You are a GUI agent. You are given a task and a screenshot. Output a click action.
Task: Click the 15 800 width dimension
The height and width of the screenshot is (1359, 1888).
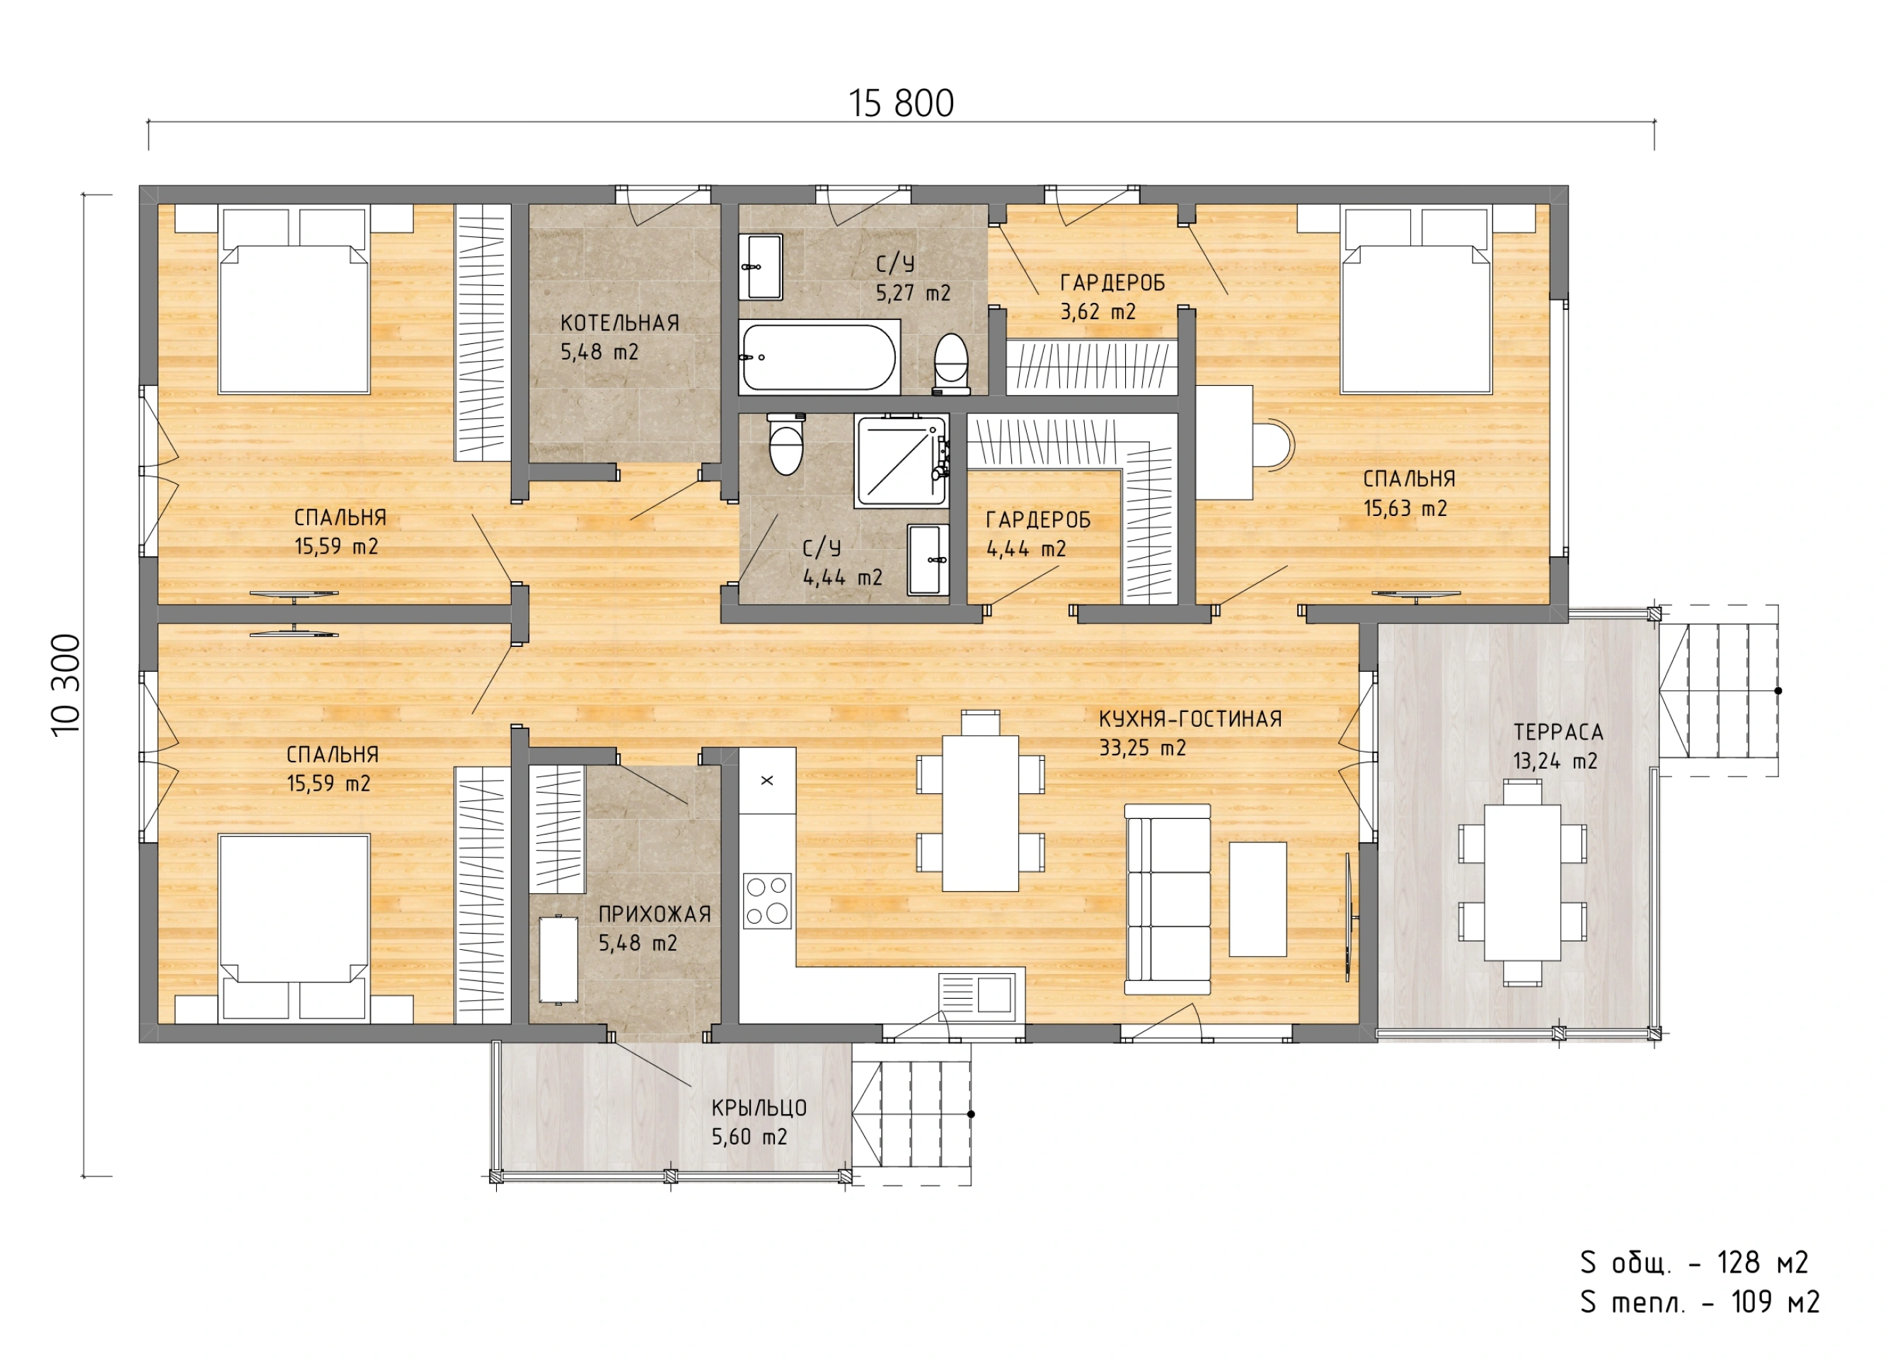901,104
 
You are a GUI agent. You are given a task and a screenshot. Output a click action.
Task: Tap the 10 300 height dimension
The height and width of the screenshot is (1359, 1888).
67,684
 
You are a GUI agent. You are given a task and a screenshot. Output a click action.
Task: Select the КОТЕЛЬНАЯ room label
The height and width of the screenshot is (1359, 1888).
619,323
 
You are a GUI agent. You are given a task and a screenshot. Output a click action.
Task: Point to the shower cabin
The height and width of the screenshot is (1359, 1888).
902,461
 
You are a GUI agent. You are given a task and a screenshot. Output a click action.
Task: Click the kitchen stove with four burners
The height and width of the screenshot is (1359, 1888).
766,900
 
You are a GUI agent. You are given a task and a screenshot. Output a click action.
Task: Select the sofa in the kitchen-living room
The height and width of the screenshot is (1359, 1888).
1167,900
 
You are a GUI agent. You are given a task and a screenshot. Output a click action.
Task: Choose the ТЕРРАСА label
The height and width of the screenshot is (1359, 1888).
1558,733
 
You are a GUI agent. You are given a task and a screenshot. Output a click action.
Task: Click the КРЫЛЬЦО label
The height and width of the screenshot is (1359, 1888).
759,1108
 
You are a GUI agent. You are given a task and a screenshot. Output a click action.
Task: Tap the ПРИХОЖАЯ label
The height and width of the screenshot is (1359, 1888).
655,914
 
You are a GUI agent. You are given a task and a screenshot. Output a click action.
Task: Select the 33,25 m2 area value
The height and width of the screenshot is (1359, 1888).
1142,747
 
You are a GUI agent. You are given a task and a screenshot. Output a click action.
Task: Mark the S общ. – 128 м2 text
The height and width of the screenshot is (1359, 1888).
1694,1264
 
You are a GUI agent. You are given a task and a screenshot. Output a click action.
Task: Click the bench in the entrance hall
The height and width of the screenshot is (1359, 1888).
558,958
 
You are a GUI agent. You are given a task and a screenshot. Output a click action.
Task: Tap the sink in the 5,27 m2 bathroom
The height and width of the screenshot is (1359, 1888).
761,266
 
